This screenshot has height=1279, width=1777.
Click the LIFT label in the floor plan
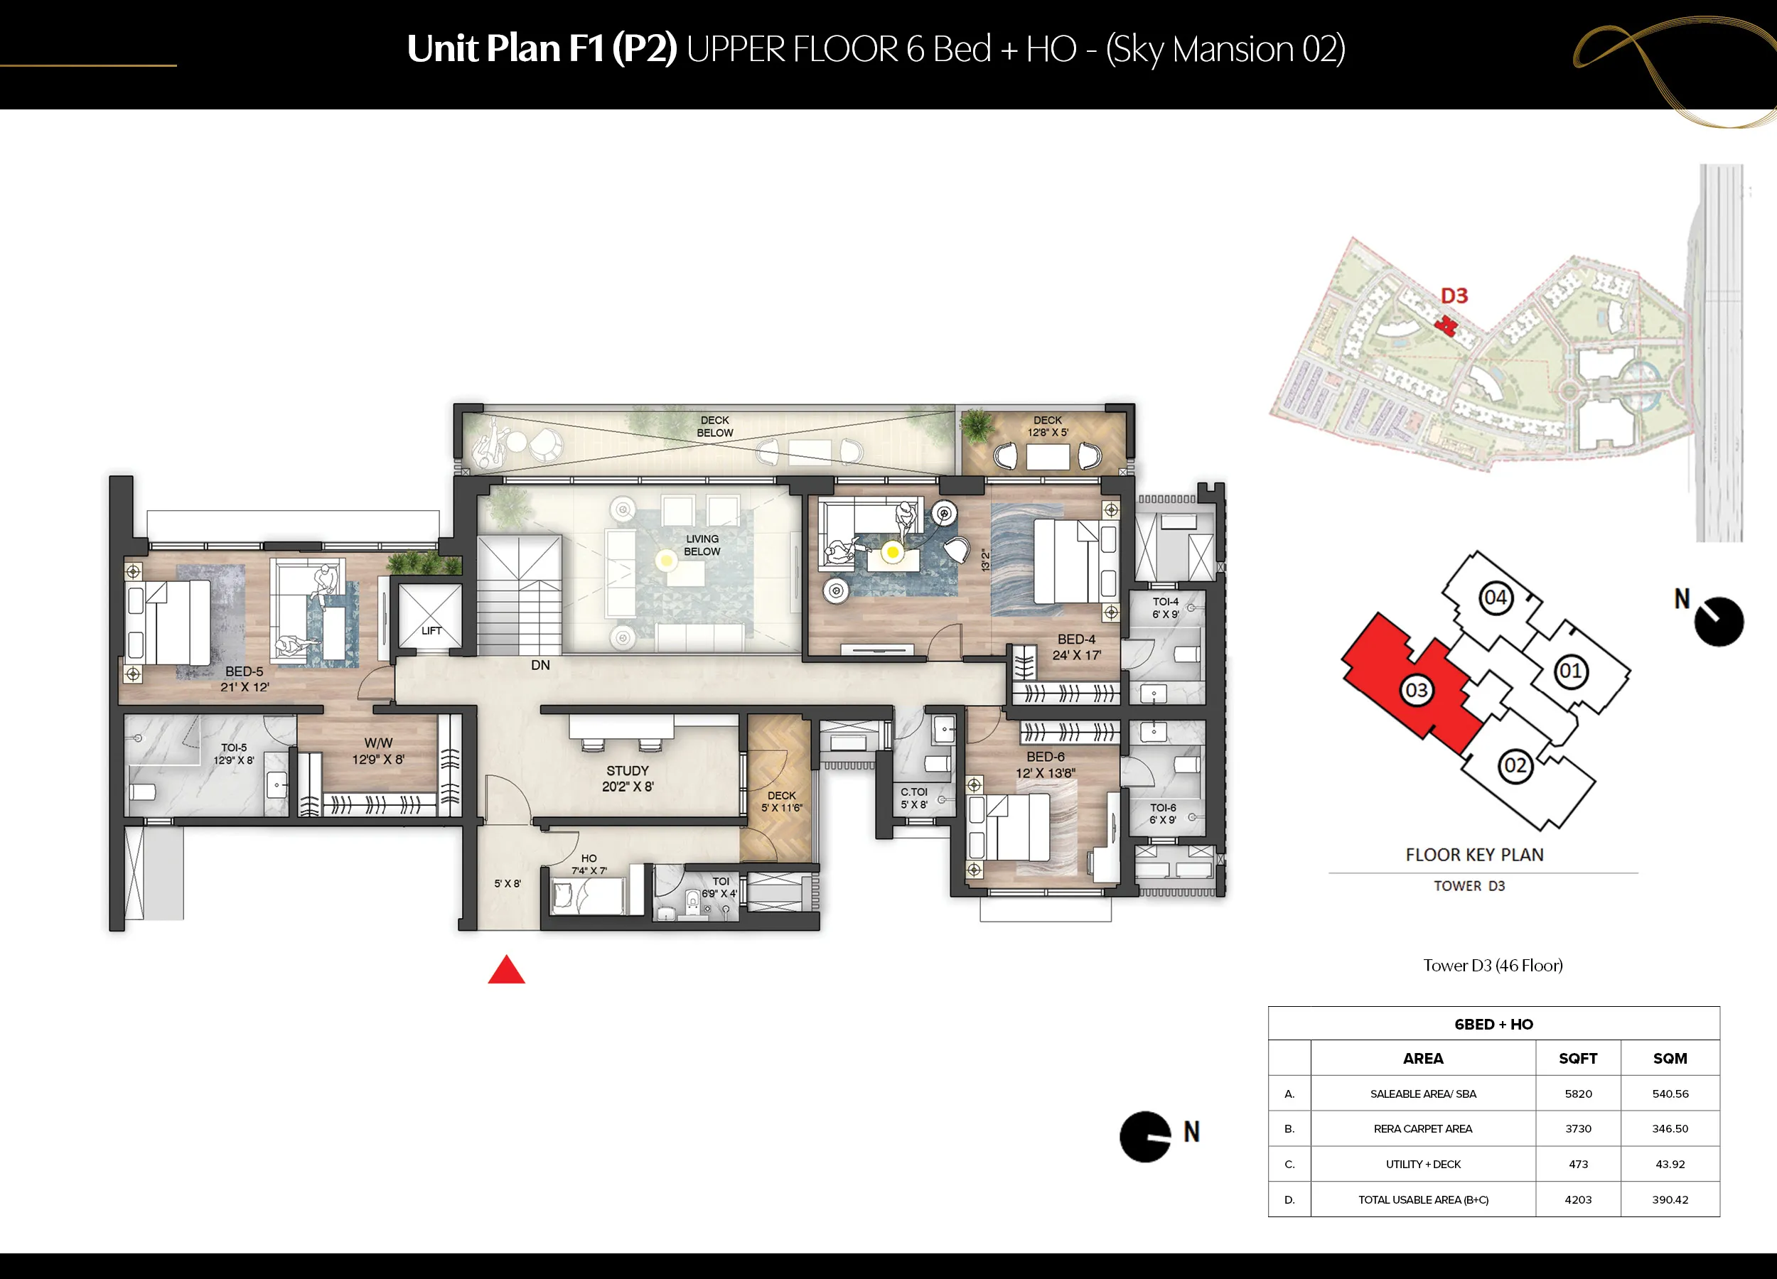(431, 630)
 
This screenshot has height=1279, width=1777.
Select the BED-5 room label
(245, 671)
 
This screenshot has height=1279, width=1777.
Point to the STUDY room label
(628, 771)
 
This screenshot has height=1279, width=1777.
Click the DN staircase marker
(541, 665)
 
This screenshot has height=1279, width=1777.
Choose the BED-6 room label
(1046, 757)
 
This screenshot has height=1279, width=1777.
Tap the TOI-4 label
(1166, 602)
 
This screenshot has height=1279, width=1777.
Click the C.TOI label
(913, 792)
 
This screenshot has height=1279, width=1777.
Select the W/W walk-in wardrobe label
(378, 743)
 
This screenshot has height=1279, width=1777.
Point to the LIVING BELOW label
(702, 545)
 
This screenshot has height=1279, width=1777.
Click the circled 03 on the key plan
(1416, 690)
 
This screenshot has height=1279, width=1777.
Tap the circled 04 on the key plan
(1496, 598)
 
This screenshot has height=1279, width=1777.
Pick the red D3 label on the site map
(1454, 296)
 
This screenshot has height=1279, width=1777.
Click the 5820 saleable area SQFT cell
(1578, 1094)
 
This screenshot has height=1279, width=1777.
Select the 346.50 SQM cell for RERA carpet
(1670, 1128)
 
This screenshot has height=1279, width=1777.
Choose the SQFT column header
(1578, 1058)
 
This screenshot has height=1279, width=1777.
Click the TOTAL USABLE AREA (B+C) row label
(1423, 1199)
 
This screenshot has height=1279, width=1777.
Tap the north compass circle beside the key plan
(1719, 622)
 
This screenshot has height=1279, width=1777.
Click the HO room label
(589, 858)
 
